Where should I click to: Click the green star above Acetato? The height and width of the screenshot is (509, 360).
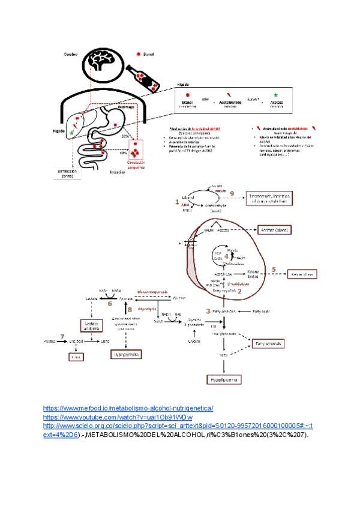point(275,95)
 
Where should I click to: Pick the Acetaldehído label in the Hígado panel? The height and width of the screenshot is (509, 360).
point(230,103)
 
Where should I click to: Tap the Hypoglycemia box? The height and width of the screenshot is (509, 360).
point(125,355)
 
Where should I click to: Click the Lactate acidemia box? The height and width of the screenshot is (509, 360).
point(87,325)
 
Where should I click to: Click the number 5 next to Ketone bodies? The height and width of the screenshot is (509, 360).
point(274,270)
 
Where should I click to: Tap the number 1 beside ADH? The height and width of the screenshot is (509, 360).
point(177,202)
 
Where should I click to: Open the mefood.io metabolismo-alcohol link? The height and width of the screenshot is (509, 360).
point(128,408)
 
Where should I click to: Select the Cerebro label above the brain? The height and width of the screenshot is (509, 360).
point(71,54)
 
